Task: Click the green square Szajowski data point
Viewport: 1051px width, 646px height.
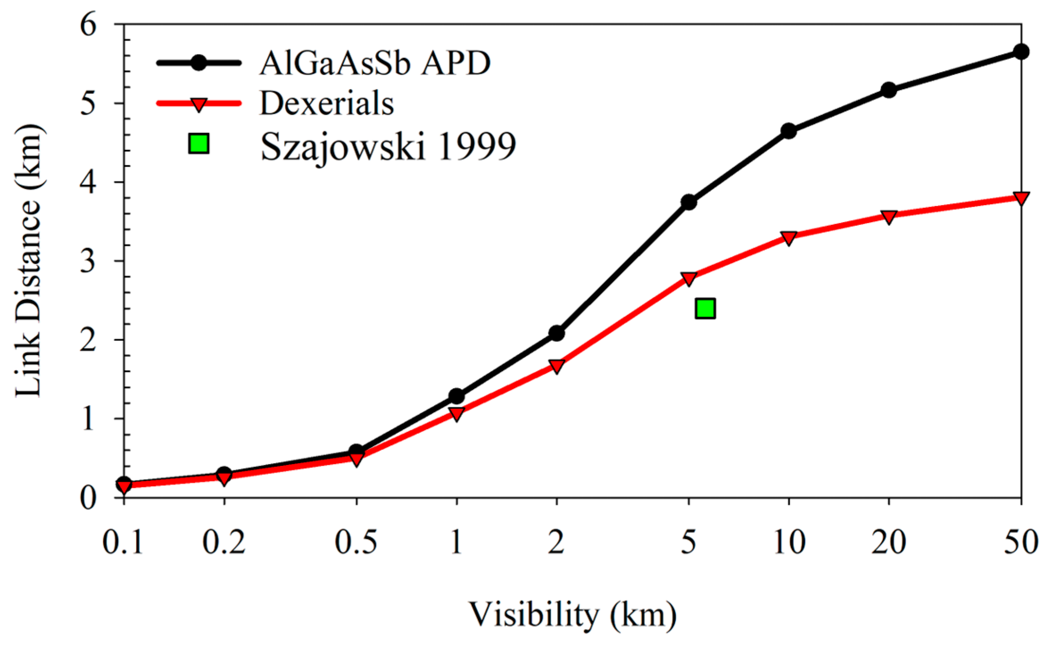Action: point(705,308)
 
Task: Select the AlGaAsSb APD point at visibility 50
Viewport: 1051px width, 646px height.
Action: point(1021,52)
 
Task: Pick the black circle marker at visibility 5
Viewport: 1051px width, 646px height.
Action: point(688,202)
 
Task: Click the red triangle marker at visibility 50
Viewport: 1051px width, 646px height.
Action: point(1021,198)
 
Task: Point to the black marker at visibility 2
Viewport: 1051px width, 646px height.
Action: point(556,333)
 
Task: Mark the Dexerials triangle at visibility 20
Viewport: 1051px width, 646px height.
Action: point(889,217)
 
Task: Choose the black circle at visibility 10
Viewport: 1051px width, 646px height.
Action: point(788,131)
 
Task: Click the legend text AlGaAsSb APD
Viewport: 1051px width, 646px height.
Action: point(375,63)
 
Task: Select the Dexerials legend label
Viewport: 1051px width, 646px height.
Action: point(327,104)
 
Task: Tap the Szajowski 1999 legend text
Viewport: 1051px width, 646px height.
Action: point(388,146)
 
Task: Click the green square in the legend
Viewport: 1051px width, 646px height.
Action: point(199,144)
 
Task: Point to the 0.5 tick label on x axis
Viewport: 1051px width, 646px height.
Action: point(356,542)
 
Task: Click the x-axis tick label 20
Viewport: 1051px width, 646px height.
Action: point(889,542)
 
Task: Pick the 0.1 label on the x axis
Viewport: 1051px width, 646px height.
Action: point(123,542)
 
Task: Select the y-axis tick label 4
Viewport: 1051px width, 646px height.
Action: point(88,182)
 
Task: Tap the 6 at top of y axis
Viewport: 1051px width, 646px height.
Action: point(88,25)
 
